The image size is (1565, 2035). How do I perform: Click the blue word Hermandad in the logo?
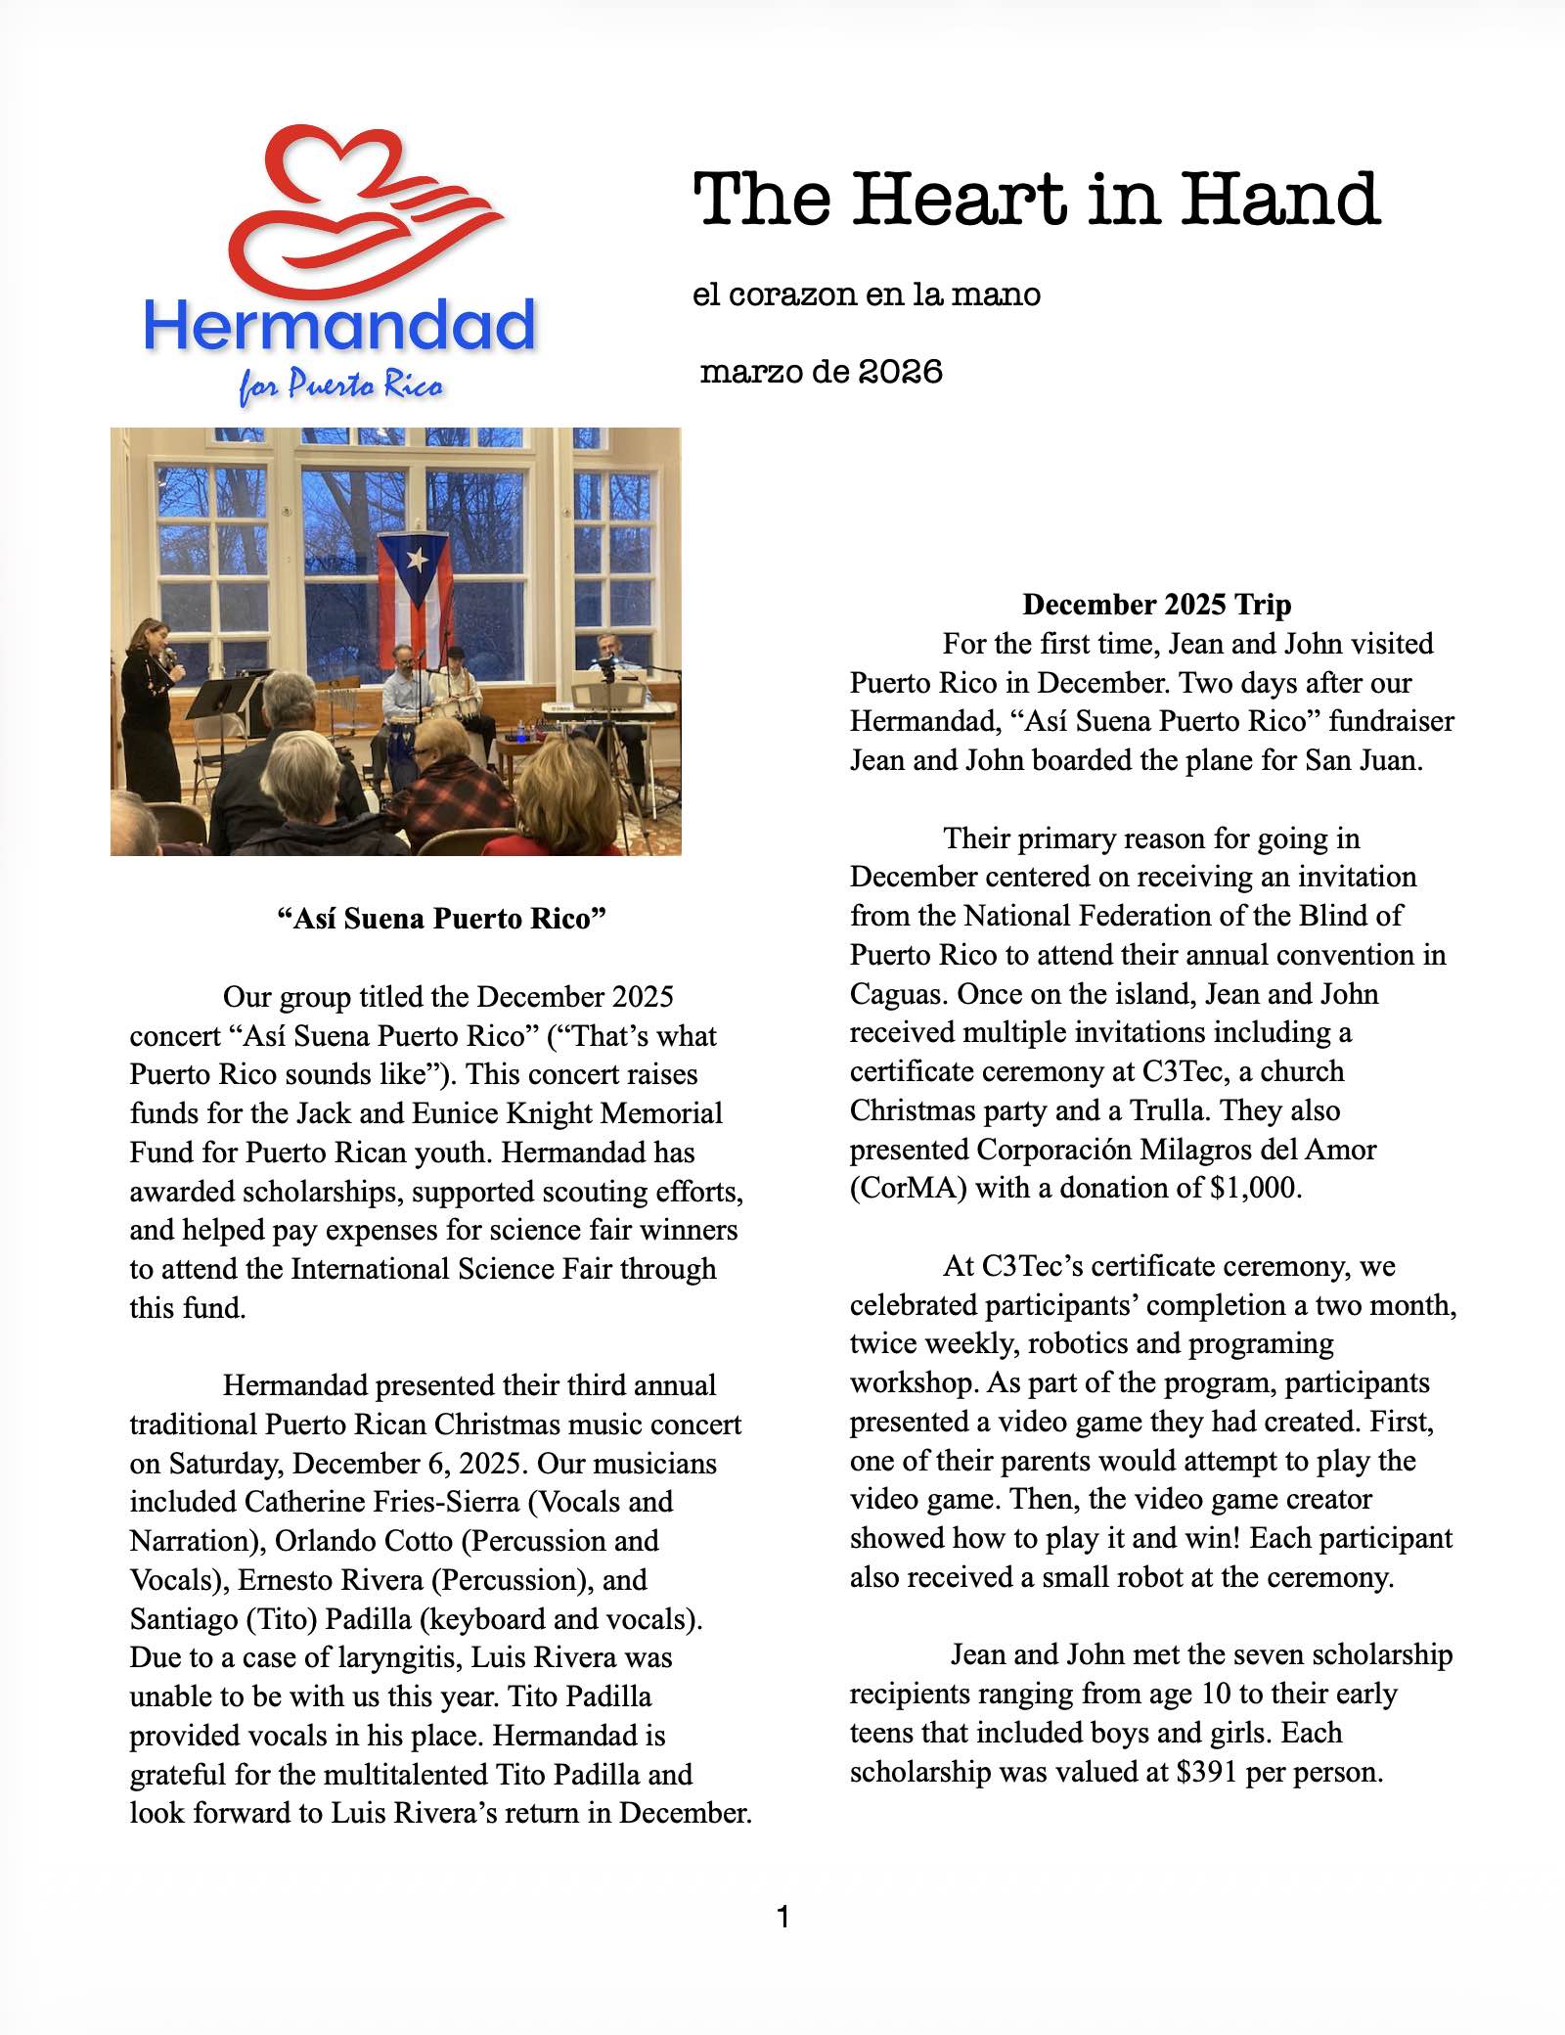[x=340, y=327]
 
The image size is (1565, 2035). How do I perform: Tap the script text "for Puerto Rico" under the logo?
[x=340, y=387]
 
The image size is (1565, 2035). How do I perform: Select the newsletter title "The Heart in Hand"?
[x=1036, y=199]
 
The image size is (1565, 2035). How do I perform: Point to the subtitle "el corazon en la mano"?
[x=866, y=294]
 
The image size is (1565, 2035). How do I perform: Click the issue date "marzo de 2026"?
[x=822, y=373]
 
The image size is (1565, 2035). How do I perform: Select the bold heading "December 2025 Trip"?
[x=1156, y=605]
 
